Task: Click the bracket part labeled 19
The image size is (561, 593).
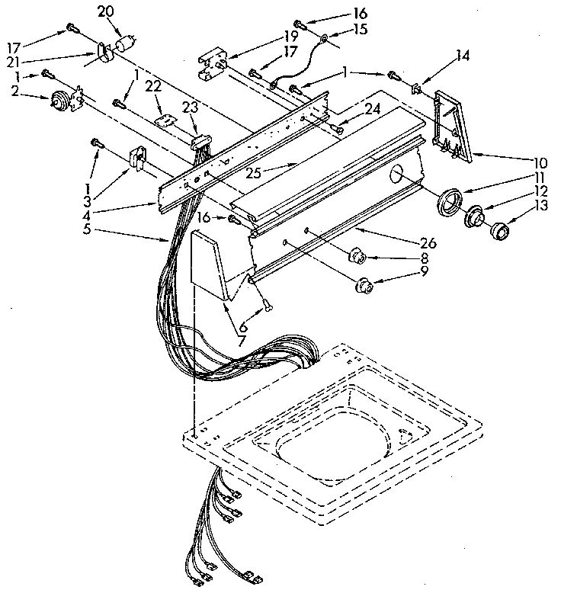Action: click(x=213, y=66)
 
